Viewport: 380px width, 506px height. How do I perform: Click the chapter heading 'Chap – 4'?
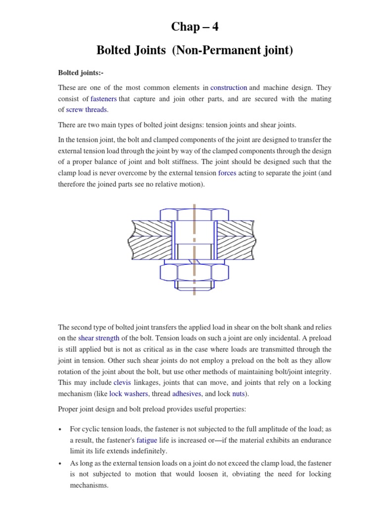point(194,27)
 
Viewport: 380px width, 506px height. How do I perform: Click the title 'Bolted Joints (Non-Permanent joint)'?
point(194,50)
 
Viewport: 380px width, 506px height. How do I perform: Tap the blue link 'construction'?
point(229,87)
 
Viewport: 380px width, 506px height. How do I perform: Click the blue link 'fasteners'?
point(103,99)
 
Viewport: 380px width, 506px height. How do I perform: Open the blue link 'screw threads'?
point(87,110)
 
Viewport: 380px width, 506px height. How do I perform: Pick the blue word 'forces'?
point(227,173)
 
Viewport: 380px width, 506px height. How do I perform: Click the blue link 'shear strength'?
point(98,338)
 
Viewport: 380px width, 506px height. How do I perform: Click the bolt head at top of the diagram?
point(194,214)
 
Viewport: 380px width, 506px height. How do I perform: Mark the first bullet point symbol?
point(60,429)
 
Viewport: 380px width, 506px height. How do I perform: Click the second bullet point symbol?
point(60,464)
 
